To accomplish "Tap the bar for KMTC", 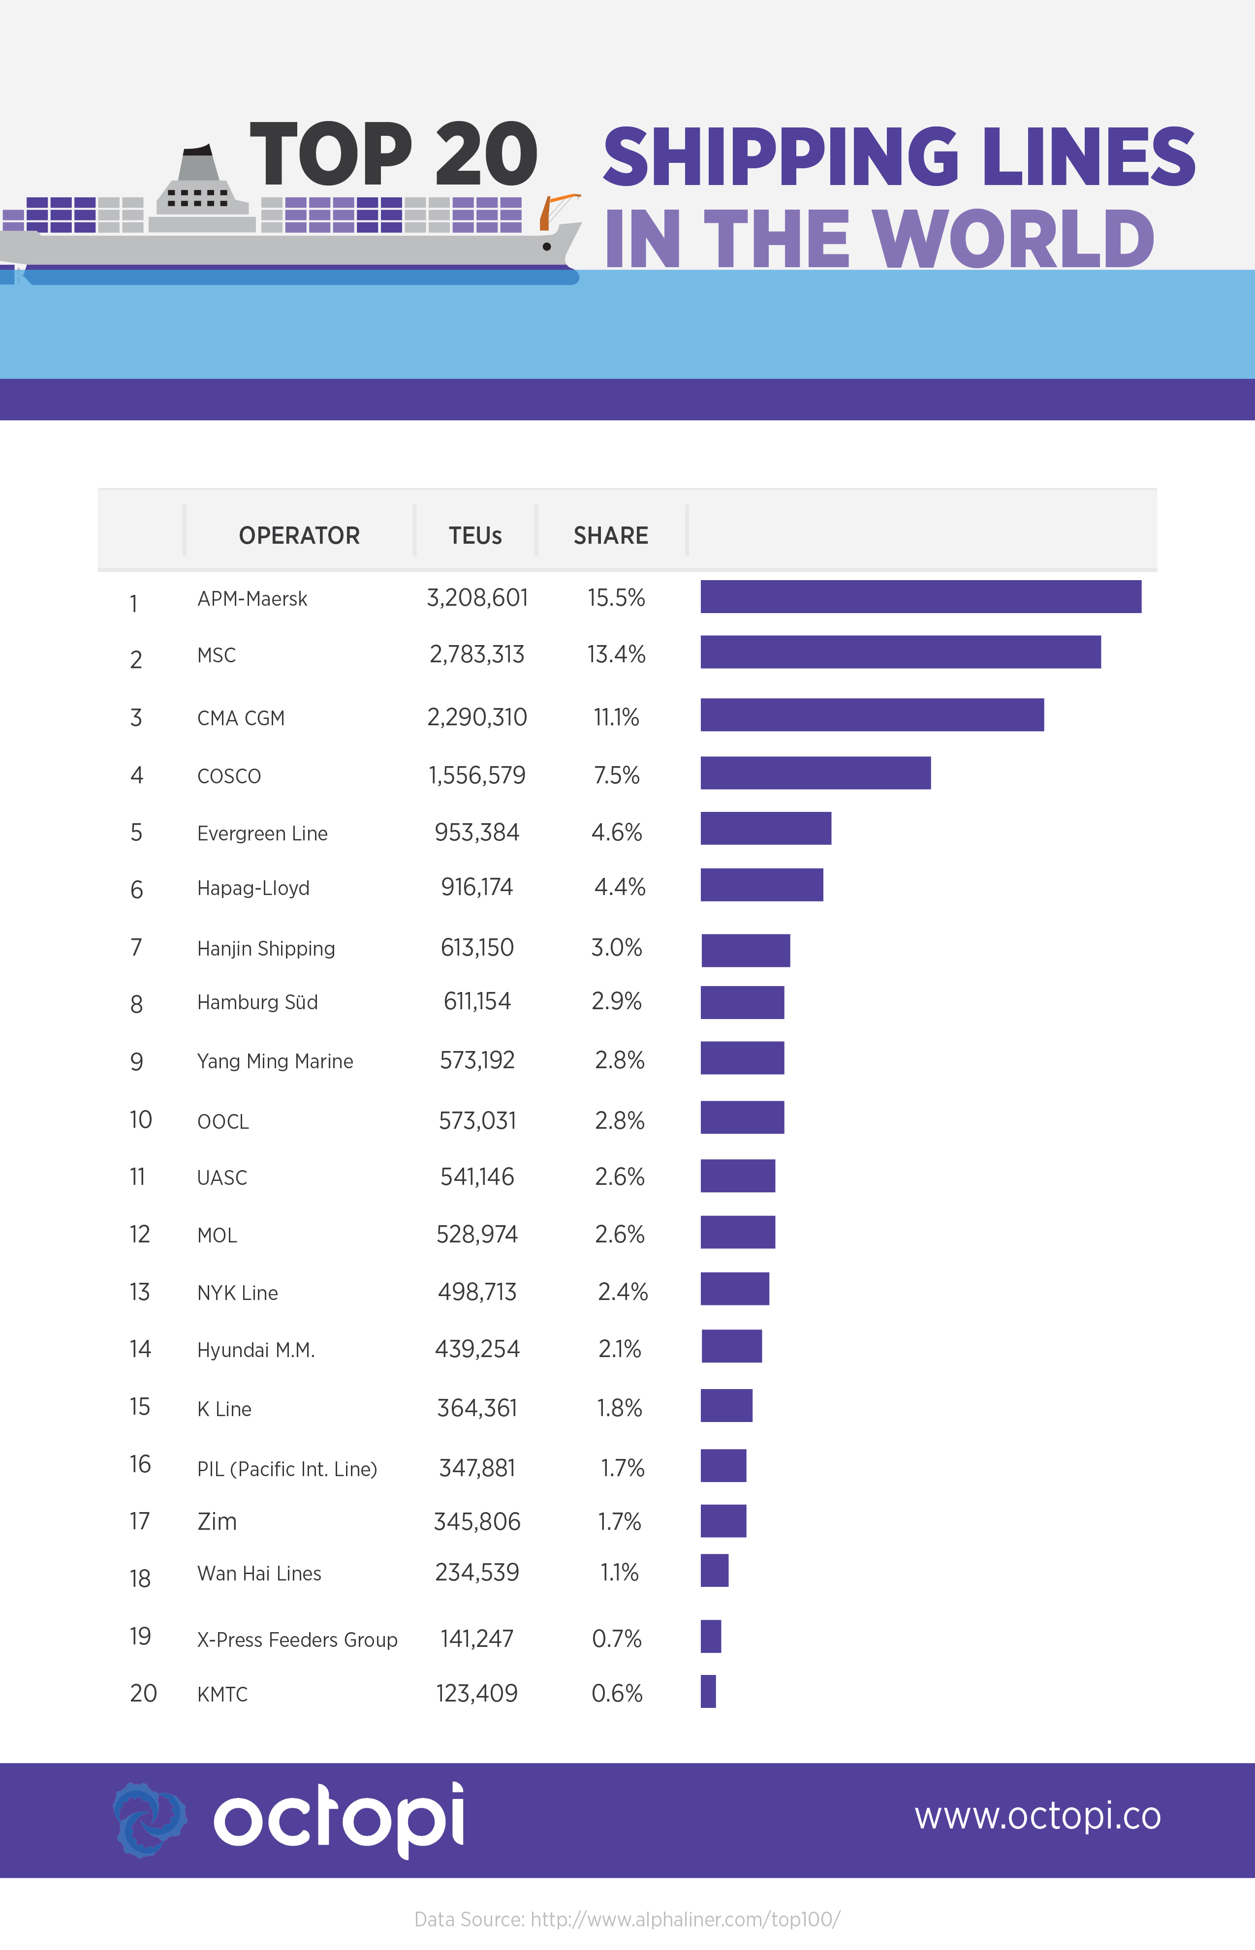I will [x=708, y=1691].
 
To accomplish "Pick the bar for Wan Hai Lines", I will [x=714, y=1570].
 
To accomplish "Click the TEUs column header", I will [x=475, y=535].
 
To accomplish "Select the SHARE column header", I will [x=610, y=535].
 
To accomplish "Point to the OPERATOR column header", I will [x=299, y=535].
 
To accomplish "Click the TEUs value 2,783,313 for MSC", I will [x=477, y=654].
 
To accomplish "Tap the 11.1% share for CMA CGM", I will [x=616, y=717].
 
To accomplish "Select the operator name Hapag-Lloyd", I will [x=253, y=887].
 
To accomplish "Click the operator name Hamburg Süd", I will [x=257, y=1002].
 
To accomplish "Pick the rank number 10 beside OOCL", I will [x=140, y=1119].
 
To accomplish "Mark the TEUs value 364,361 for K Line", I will [x=477, y=1408].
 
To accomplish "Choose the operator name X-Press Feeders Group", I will [x=297, y=1639].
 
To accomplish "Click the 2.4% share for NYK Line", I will [x=623, y=1291].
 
